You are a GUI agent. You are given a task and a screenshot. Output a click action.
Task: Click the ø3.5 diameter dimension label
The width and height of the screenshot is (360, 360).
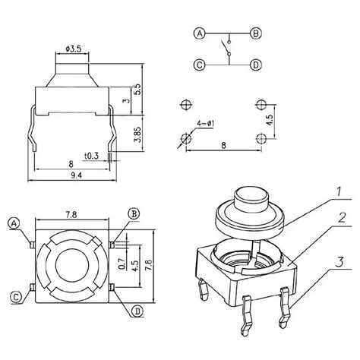click(x=74, y=49)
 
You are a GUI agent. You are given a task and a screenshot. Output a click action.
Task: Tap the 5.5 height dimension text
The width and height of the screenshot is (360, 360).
click(x=138, y=89)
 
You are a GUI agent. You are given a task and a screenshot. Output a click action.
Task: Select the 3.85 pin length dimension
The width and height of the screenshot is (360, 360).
click(x=138, y=134)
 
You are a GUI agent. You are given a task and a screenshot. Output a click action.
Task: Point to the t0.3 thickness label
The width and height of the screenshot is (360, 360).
click(x=91, y=156)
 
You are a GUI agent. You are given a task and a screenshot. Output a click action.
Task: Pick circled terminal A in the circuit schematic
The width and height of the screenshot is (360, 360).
click(x=200, y=33)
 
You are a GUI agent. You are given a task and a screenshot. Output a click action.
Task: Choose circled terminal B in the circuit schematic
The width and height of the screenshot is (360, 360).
click(x=256, y=33)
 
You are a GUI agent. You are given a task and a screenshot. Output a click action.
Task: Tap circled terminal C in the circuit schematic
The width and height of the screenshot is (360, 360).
click(x=200, y=65)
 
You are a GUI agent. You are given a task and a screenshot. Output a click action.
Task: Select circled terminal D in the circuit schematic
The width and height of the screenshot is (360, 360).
click(x=256, y=65)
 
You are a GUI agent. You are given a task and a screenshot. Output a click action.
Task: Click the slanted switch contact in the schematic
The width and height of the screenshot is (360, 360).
click(x=225, y=47)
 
